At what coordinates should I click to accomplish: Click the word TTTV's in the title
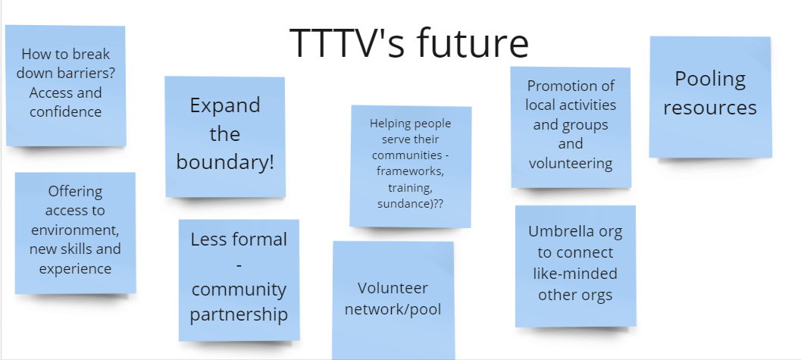pos(348,43)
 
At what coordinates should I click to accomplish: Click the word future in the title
pos(473,43)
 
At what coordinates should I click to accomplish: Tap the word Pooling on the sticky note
pos(710,80)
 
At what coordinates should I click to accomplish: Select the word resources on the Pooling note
pos(710,108)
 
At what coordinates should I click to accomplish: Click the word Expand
pos(225,106)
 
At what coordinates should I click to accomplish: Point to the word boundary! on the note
pos(225,162)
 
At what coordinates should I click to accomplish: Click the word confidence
pos(65,112)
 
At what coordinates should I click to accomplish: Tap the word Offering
pos(75,192)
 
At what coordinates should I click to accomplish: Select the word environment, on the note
pos(75,230)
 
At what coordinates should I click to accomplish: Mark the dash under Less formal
pos(239,265)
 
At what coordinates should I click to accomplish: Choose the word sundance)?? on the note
pos(410,204)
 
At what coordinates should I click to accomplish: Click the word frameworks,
pos(410,171)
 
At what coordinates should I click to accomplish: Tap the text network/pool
pos(393,309)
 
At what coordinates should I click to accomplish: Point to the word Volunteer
pos(393,288)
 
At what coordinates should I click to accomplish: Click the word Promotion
pos(571,86)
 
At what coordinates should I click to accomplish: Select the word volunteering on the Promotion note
pos(571,164)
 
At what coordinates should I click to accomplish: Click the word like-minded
pos(575,274)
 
